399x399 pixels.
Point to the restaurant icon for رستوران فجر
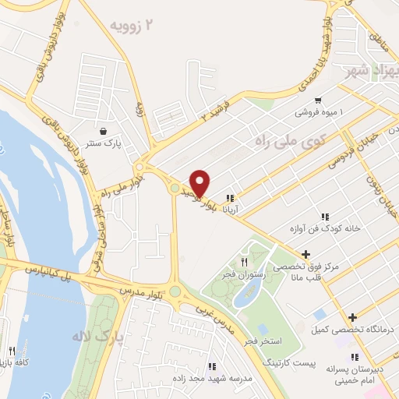[x=244, y=262]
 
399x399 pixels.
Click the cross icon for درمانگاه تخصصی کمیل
[x=353, y=317]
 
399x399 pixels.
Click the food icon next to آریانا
[x=230, y=197]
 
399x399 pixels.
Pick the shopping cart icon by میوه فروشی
[x=318, y=101]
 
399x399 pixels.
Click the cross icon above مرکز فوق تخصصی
[x=306, y=254]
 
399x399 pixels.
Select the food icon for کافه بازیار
[x=12, y=351]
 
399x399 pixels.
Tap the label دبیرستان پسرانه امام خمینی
[x=355, y=374]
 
